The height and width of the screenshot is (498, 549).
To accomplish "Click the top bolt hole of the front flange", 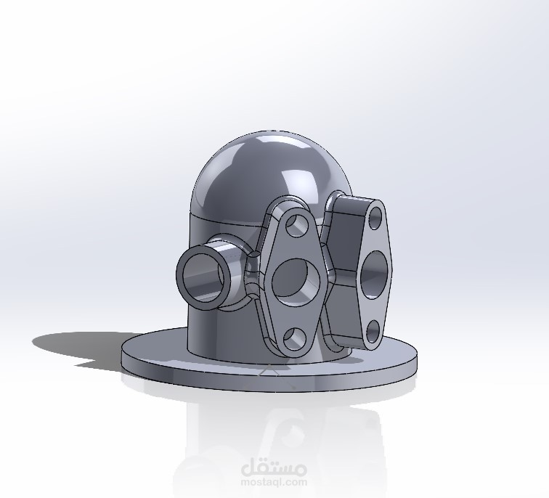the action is (x=297, y=225).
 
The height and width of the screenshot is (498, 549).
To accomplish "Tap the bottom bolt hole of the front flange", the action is (x=294, y=339).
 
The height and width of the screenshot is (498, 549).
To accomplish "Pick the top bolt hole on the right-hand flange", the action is (x=375, y=218).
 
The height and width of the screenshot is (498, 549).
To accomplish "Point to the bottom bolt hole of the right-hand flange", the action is (x=373, y=331).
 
